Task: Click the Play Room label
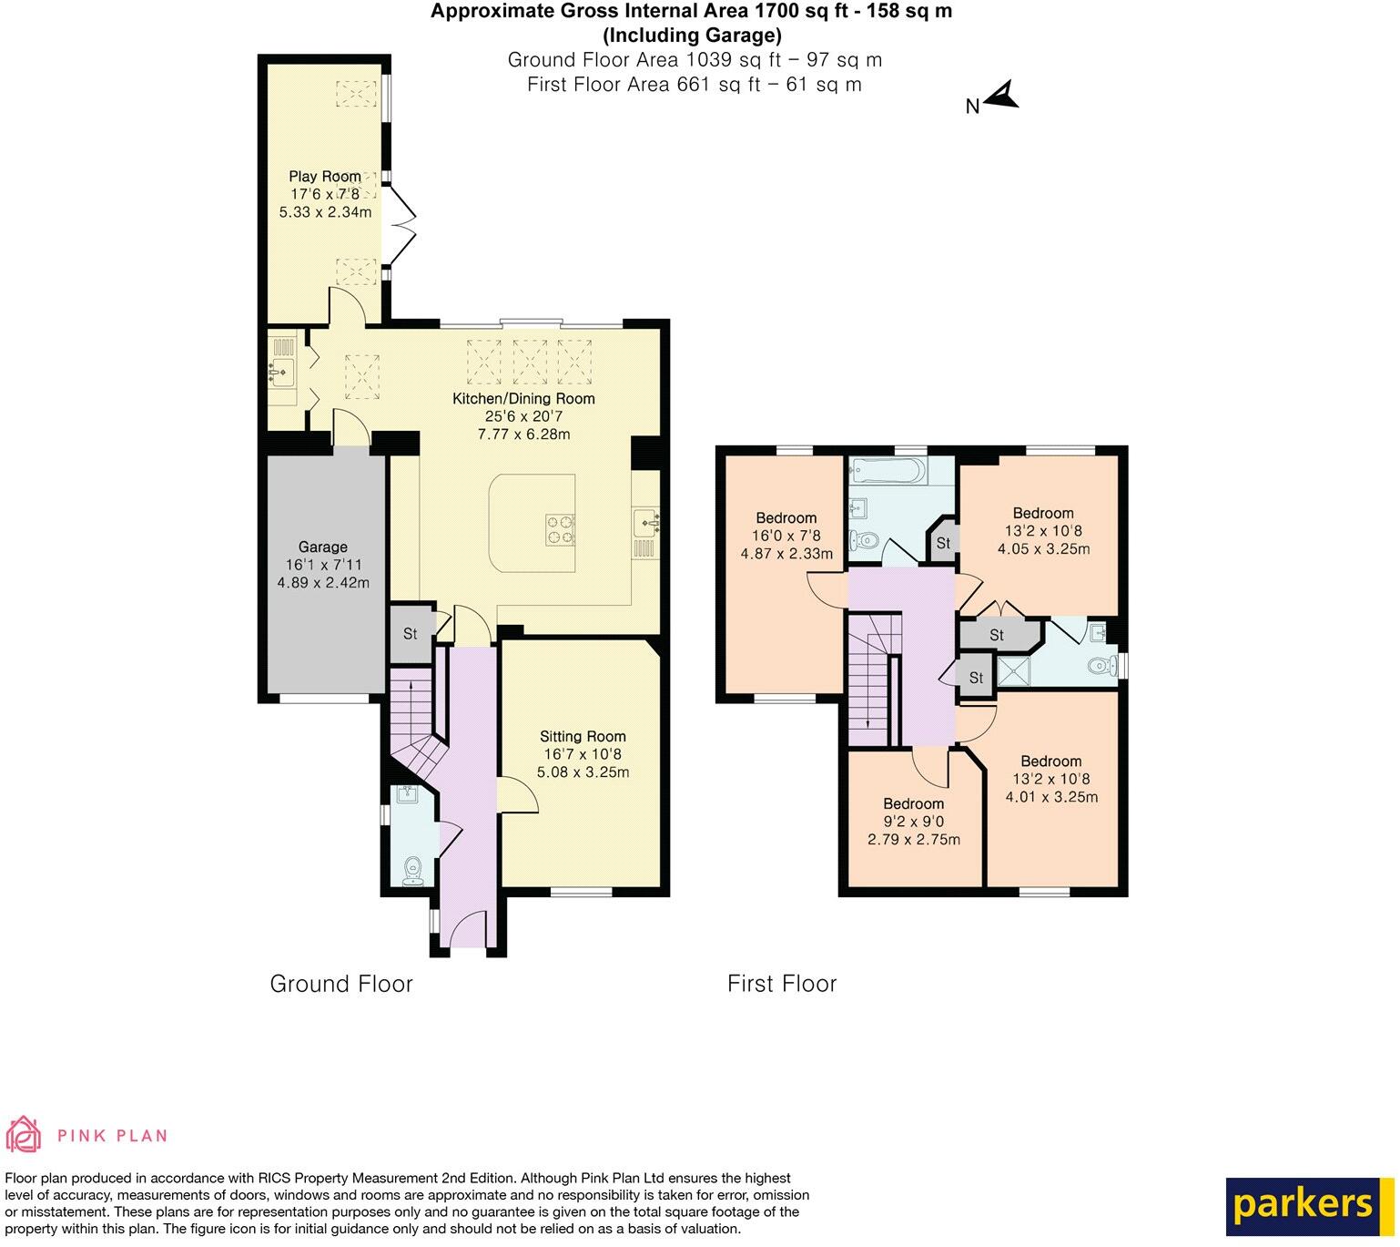(x=325, y=177)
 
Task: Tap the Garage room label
(x=323, y=547)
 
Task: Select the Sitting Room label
(x=583, y=736)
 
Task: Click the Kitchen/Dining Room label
(x=524, y=398)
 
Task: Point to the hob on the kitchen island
(x=560, y=529)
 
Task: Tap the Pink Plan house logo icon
(x=25, y=1134)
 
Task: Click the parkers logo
(x=1304, y=1204)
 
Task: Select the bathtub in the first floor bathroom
(x=888, y=471)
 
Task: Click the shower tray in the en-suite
(x=1011, y=671)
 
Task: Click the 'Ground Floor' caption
(x=341, y=984)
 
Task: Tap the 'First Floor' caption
(x=782, y=984)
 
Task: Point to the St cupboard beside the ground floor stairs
(x=410, y=633)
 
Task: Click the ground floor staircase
(x=412, y=720)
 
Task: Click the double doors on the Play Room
(x=402, y=219)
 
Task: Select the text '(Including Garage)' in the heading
(x=692, y=36)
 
